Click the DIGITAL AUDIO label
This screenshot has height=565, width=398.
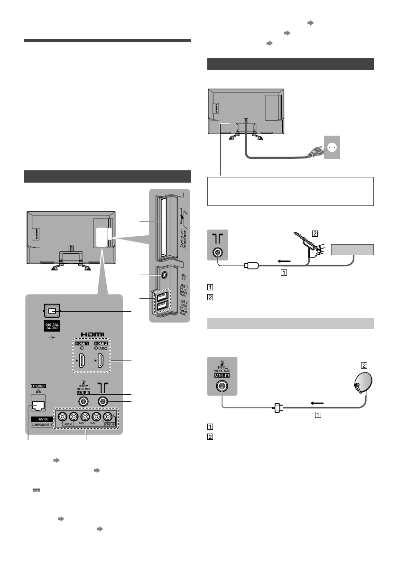(53, 326)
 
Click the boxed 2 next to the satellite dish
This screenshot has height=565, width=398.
(364, 366)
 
